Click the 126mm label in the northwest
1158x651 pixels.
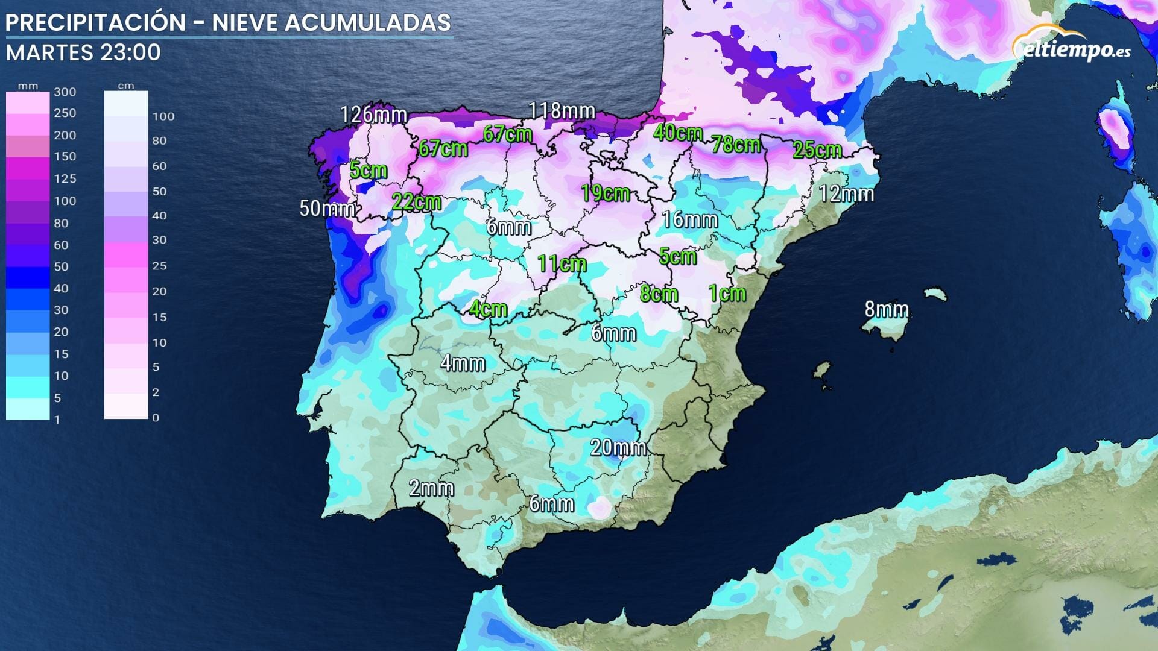(373, 114)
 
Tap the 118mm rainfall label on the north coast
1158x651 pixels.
(562, 111)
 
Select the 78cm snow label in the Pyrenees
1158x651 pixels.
(735, 144)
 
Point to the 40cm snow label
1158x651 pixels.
(678, 133)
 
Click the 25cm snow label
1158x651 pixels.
(817, 149)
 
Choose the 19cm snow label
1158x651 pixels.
(605, 193)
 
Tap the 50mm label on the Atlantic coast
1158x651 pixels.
(326, 209)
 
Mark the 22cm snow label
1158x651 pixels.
(416, 201)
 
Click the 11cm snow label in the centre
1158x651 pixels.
(562, 263)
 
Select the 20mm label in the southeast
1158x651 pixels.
(618, 447)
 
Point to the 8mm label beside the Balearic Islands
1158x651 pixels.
(886, 309)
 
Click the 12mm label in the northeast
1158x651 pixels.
(846, 193)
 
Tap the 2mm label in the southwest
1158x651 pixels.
(431, 488)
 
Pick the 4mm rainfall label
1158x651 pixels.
(463, 363)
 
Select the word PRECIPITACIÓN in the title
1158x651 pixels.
(95, 23)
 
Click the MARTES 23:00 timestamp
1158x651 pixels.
(83, 52)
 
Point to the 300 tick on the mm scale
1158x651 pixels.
(65, 92)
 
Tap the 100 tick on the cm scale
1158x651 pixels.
(163, 116)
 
